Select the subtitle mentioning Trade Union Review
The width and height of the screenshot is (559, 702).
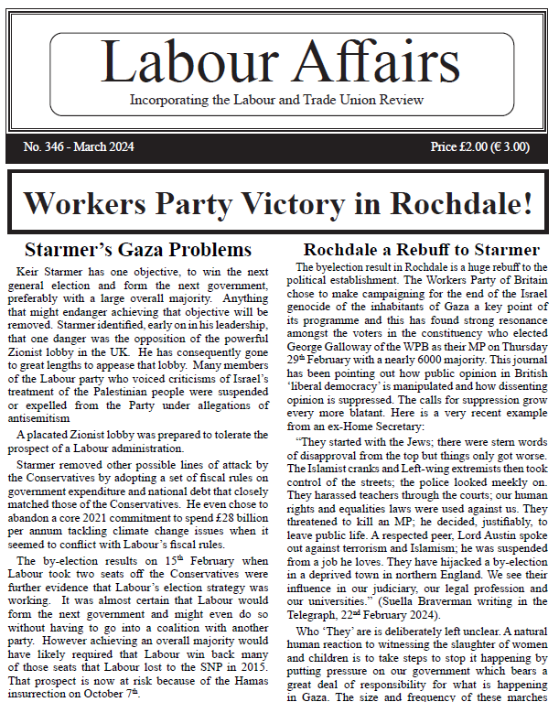pos(277,100)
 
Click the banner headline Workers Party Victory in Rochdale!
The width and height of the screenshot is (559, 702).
pos(277,202)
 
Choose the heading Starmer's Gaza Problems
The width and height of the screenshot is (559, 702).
pos(138,249)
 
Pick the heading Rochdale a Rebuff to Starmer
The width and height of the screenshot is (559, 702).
pos(421,249)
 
